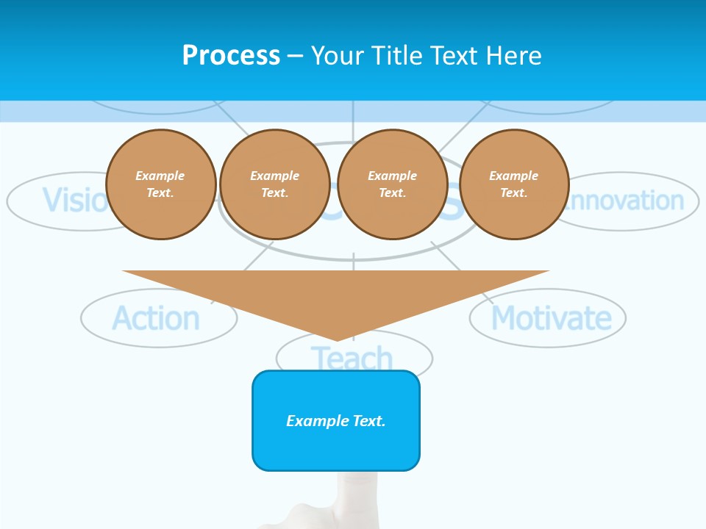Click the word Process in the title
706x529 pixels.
coord(231,56)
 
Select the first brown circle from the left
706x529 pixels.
coord(161,184)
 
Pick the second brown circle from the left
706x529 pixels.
coord(275,184)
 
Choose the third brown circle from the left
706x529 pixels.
coord(393,184)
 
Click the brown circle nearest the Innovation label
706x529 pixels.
coord(514,184)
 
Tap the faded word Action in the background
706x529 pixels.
coord(156,319)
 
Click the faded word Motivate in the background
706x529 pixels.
coord(551,319)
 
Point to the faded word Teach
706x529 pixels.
coord(353,359)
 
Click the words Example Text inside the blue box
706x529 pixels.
coord(336,421)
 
